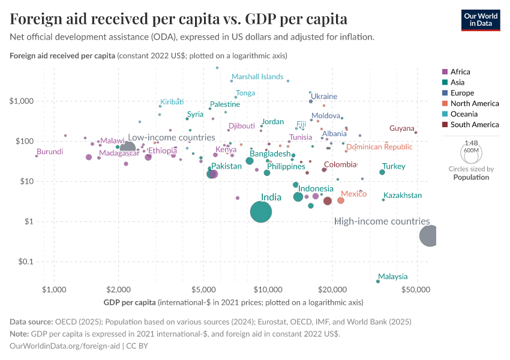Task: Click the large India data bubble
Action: coord(260,212)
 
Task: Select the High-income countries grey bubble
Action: coord(428,236)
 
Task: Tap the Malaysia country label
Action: coord(393,277)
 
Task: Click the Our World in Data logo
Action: coord(481,20)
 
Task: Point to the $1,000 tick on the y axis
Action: coord(22,101)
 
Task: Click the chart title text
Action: coord(178,19)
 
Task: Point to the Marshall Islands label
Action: coord(257,77)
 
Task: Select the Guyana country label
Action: coord(401,128)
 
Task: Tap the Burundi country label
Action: coord(50,152)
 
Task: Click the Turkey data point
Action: coord(382,172)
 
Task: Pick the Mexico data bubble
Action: coord(341,200)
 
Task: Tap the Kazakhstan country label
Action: coord(403,196)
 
